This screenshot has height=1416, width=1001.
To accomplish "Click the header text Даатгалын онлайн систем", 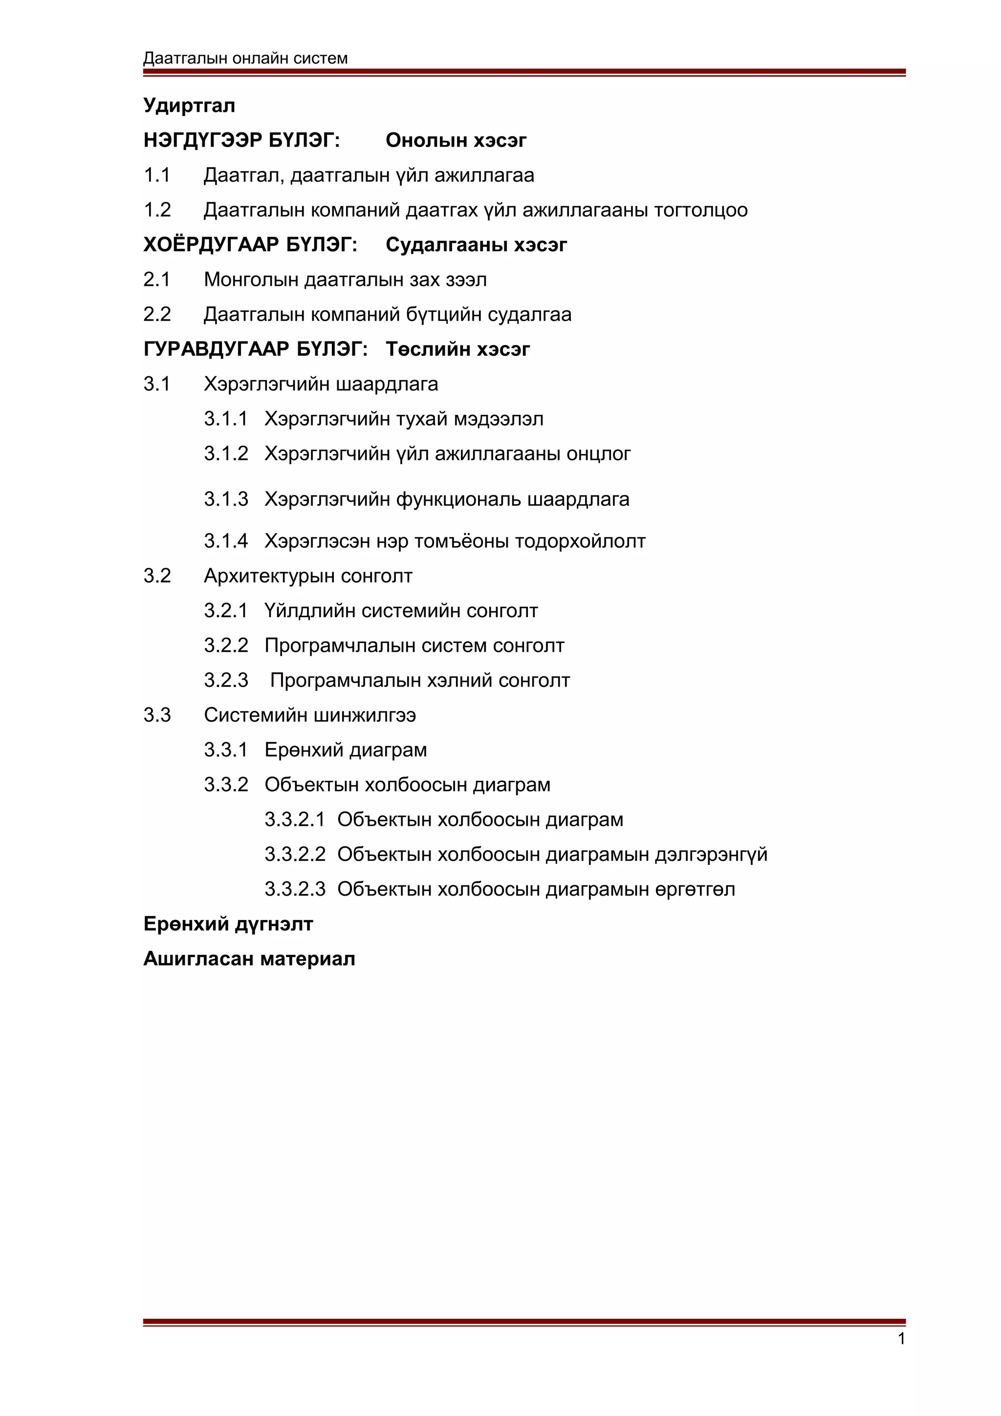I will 245,58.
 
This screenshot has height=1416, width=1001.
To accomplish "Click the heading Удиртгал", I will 189,106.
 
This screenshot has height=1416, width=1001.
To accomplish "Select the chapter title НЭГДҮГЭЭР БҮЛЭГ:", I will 241,141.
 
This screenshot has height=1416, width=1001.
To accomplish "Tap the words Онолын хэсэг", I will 456,141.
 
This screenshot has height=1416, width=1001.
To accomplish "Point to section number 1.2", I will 157,210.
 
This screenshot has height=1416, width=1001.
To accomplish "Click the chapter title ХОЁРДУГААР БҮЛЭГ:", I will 250,245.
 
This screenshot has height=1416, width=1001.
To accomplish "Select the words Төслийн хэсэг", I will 457,350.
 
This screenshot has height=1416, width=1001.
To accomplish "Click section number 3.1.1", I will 226,419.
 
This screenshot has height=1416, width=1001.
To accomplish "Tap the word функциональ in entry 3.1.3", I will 458,499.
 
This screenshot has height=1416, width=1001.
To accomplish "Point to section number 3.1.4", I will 226,541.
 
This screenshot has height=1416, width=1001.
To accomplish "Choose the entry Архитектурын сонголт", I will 308,576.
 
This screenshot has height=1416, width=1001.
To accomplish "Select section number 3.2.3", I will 226,680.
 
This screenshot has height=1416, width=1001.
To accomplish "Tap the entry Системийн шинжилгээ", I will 309,715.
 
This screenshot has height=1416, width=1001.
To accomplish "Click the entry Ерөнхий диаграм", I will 346,750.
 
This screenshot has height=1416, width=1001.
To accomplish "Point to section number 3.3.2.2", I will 294,855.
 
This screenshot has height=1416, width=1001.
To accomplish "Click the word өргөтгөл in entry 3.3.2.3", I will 695,889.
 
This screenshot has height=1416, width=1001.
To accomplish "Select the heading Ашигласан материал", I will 249,959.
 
